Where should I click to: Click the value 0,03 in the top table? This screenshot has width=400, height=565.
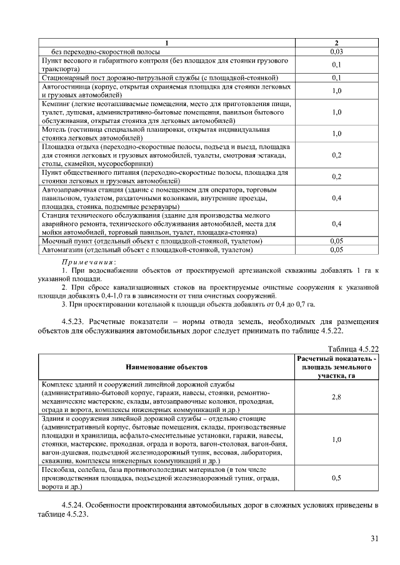click(x=336, y=51)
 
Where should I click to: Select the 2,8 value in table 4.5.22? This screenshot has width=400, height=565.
click(x=336, y=396)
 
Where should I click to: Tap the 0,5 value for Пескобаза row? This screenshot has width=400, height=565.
click(x=336, y=477)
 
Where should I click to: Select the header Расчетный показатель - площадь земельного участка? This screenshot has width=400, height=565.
click(x=336, y=367)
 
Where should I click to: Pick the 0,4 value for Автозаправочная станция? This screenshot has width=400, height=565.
click(x=336, y=197)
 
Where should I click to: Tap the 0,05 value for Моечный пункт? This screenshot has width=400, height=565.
click(x=336, y=240)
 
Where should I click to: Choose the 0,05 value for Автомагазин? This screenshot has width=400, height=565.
click(x=336, y=249)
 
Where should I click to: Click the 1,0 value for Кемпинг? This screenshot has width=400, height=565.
click(x=336, y=112)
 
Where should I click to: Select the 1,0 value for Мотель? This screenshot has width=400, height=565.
click(x=336, y=134)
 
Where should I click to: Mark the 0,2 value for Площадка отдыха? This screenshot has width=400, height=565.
click(x=336, y=155)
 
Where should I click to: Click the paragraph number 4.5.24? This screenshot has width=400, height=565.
click(x=75, y=504)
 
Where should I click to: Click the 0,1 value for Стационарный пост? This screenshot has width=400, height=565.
click(x=336, y=77)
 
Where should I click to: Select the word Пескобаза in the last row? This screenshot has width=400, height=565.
click(x=59, y=468)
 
